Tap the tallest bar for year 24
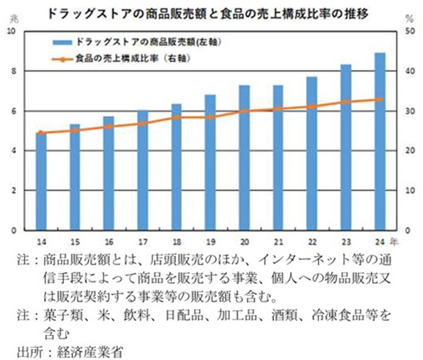click(379, 142)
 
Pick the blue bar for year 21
click(277, 158)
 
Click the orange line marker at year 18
click(176, 117)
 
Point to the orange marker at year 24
click(379, 99)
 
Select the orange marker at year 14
click(41, 133)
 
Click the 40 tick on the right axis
click(411, 71)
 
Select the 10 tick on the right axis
click(411, 191)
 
